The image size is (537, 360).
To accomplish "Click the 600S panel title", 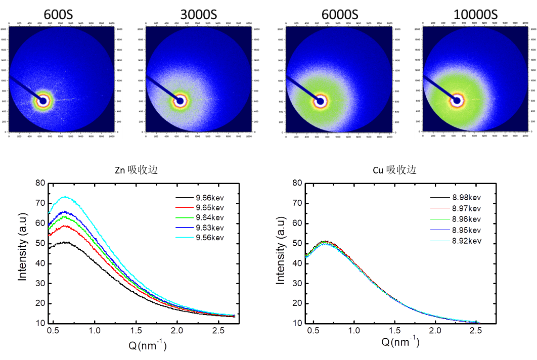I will pos(58,14).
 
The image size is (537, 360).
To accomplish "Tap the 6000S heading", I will pos(337,14).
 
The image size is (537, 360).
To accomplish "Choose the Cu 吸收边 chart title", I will pos(394,170).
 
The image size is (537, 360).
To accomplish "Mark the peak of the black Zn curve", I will pos(65,242).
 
